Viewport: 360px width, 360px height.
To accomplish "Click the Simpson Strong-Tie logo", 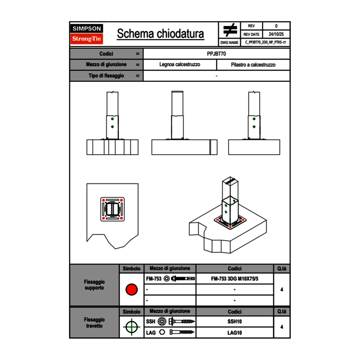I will [x=87, y=34].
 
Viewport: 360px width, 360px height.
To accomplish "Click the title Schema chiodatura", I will [x=160, y=34].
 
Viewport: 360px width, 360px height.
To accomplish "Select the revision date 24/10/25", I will [x=276, y=34].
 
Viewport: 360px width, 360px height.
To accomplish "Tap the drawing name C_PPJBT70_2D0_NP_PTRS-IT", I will [x=265, y=42].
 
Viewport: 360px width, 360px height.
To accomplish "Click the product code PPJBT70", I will [x=216, y=54].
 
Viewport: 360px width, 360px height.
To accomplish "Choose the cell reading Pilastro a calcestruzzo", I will [x=253, y=65].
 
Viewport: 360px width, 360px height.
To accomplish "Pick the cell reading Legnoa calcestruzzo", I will [x=180, y=65].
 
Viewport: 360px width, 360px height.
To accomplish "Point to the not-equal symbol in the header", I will [x=230, y=30].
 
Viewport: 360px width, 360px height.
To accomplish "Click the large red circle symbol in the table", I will [x=131, y=290].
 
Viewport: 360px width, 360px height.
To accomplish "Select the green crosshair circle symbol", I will [x=131, y=327].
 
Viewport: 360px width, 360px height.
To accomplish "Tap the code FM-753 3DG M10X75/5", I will [x=234, y=279].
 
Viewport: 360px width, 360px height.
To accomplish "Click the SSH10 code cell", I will [x=234, y=322].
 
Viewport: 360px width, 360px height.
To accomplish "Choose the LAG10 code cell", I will [x=234, y=333].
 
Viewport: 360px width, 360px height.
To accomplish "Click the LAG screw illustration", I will [x=182, y=333].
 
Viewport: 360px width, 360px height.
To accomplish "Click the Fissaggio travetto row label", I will [x=94, y=323].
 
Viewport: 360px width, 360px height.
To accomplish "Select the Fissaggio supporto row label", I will [x=94, y=285].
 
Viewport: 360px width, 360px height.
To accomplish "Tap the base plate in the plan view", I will [x=112, y=209].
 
